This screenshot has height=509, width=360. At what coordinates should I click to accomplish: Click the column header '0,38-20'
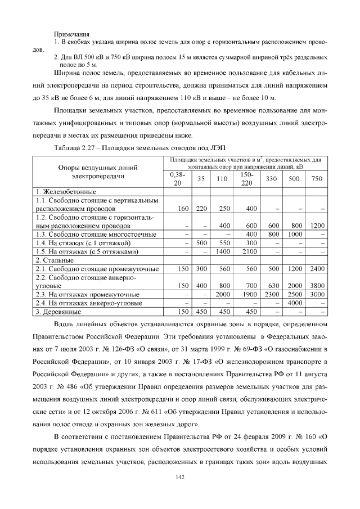tap(178, 179)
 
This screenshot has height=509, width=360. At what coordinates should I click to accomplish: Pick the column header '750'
tap(317, 179)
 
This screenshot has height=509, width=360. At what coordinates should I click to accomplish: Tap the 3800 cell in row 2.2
tap(317, 286)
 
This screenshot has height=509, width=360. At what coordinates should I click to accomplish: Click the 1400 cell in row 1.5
tap(224, 251)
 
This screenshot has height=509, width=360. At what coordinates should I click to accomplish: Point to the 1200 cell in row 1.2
tap(317, 226)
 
